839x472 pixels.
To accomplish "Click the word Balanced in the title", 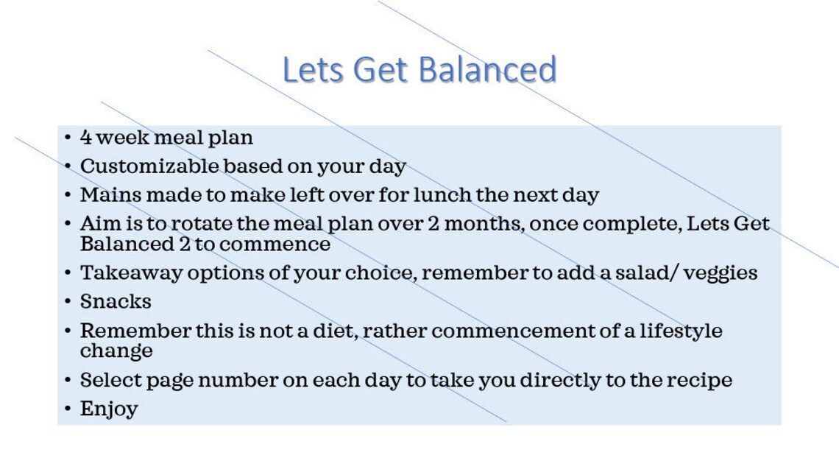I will coord(487,70).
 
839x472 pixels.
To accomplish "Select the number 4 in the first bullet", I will coord(86,138).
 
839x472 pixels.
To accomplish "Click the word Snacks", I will coord(116,302).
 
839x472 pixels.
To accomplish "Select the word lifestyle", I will coord(681,331).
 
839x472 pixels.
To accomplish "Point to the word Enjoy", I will coord(109,409).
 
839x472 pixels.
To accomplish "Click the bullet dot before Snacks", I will coord(68,302).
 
